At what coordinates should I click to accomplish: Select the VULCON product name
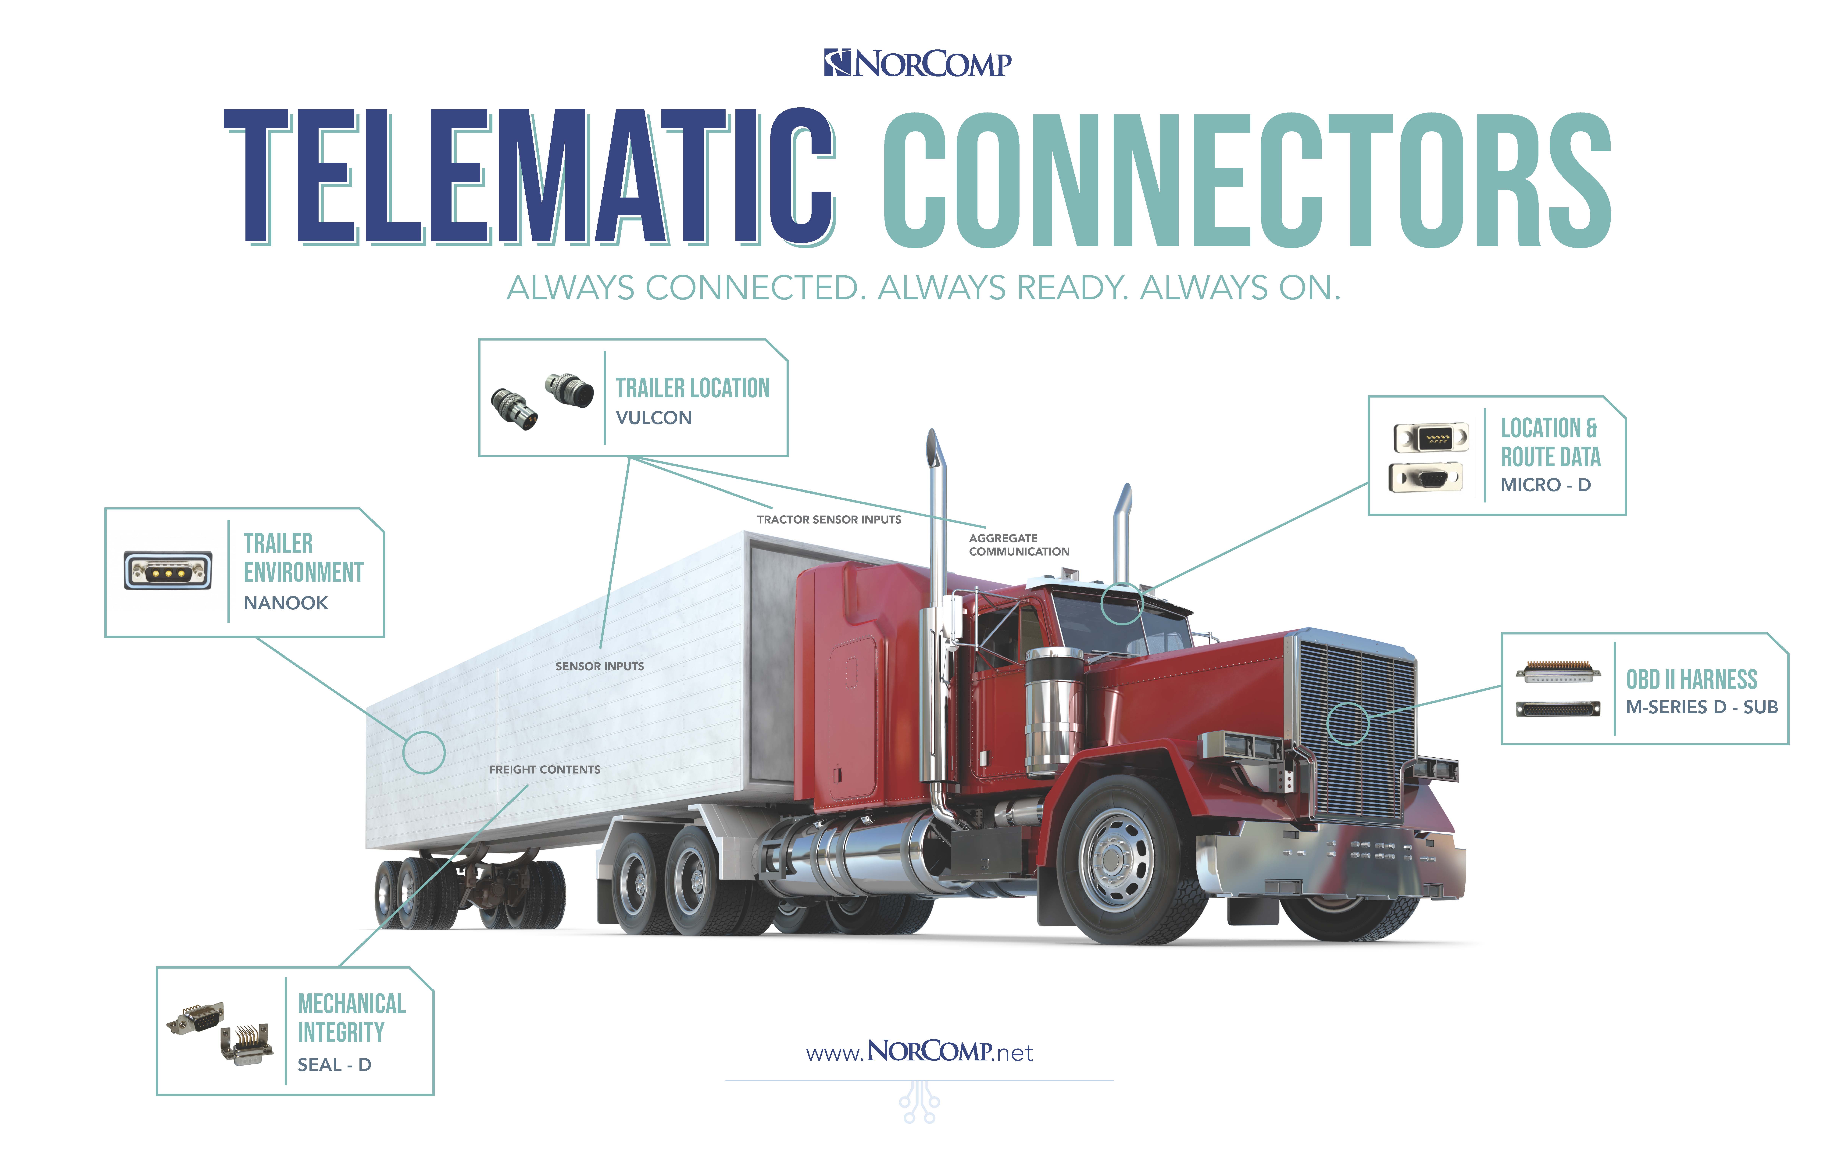653,418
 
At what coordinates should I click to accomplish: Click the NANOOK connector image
168,570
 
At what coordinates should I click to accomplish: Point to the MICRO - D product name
1545,485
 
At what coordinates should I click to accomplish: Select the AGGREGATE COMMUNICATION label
1019,544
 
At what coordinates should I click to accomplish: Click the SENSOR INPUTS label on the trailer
599,666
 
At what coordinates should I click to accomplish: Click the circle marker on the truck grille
1348,723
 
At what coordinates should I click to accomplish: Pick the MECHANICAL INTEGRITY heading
352,1018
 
